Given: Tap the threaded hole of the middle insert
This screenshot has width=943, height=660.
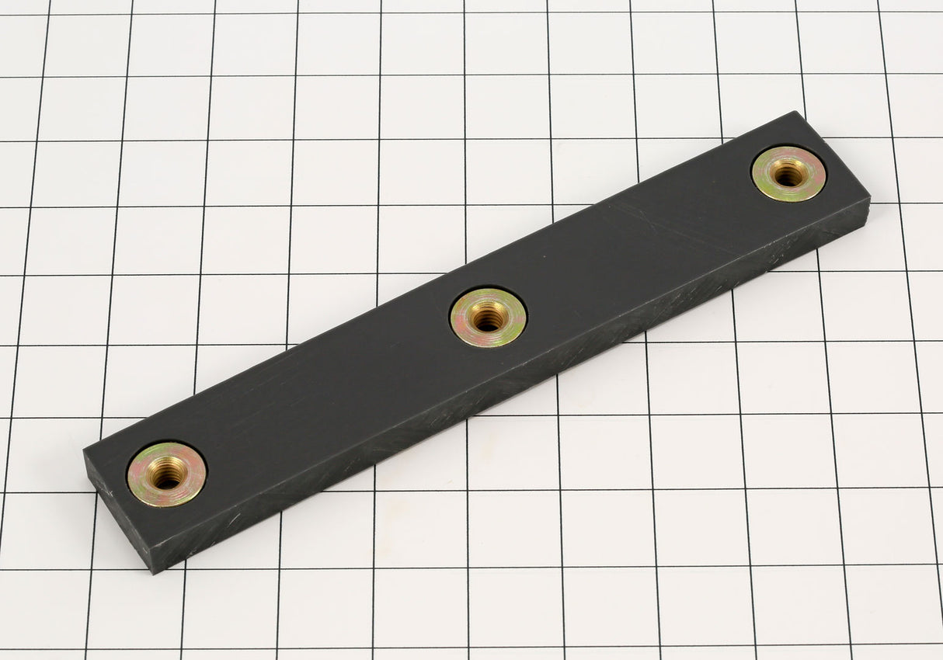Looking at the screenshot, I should [488, 316].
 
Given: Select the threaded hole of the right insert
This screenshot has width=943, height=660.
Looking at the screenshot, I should [789, 175].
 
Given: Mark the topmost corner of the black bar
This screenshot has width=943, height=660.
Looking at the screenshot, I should [797, 112].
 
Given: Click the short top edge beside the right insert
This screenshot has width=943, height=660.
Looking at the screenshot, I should [833, 155].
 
